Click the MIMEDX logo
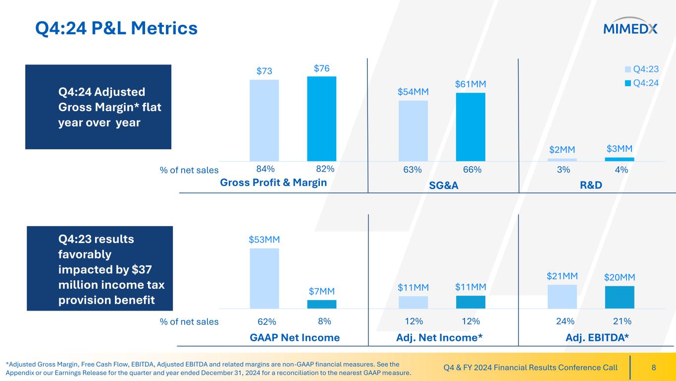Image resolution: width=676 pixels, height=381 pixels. [x=630, y=29]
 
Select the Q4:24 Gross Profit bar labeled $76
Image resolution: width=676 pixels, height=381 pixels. [x=321, y=119]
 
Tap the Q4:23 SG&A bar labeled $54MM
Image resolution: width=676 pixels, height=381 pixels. [x=413, y=130]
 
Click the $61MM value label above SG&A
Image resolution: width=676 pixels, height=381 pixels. [x=470, y=85]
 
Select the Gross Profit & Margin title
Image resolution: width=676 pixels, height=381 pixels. [x=273, y=182]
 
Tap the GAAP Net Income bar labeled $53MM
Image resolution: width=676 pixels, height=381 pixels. [x=264, y=278]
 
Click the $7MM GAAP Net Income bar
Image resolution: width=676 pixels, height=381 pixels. [x=321, y=304]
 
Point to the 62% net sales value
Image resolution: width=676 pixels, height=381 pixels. [x=264, y=321]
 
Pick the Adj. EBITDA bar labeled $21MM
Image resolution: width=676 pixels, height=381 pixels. [x=562, y=296]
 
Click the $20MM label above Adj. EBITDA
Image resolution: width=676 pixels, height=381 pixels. [x=620, y=277]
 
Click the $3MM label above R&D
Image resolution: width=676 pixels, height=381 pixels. [x=620, y=149]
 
